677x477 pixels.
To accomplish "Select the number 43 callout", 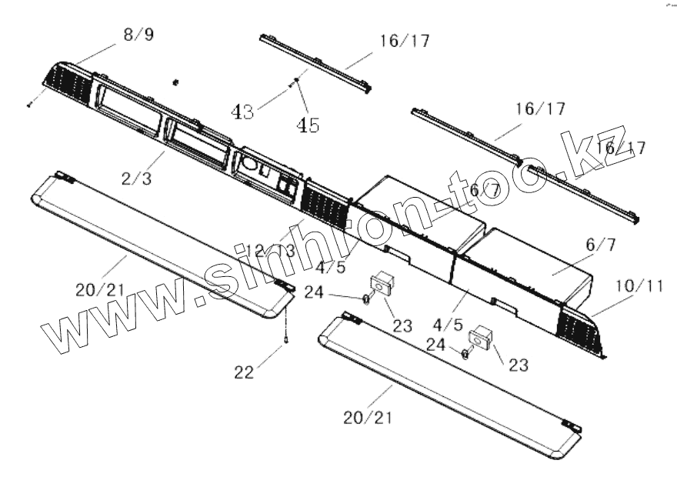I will tap(243, 112).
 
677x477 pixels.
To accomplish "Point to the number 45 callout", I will tap(309, 125).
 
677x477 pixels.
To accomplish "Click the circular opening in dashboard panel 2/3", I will tap(251, 165).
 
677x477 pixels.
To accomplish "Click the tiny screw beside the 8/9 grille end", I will tap(28, 105).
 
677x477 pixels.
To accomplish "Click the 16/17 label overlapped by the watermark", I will tap(621, 148).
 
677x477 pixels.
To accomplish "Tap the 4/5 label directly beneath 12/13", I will tap(331, 269).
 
